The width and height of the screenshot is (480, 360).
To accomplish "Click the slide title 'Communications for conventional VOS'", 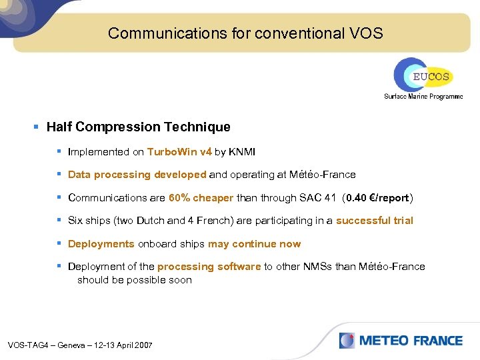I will point(245,33).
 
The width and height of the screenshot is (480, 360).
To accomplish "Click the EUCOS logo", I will point(423,75).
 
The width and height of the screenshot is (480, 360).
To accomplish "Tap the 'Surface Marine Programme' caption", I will point(423,97).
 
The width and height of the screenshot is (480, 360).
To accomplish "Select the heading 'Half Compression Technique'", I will point(138,127).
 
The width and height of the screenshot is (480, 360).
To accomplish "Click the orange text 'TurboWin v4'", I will point(179,152).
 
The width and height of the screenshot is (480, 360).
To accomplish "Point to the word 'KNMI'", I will point(242,152).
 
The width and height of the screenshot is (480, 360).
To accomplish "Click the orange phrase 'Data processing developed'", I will point(137,175).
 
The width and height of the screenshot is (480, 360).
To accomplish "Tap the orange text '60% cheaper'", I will point(201,198).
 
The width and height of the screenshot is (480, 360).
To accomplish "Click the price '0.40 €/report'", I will point(377,198).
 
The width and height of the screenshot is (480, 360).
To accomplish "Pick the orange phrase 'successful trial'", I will point(374,221).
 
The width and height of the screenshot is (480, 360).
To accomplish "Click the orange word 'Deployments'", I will point(101,244).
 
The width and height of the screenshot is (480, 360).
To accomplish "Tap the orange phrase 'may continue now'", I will point(254,244).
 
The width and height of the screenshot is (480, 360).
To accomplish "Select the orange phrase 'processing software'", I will point(209,267).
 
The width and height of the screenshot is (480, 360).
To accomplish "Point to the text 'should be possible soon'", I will point(135,280).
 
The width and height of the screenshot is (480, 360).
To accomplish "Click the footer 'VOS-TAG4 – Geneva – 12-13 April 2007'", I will point(80,345).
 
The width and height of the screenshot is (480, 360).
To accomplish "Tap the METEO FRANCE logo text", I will point(411,341).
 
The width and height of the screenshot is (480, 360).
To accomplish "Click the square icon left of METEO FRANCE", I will point(347,341).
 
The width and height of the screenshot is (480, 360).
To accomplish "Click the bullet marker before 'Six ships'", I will point(59,221).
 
